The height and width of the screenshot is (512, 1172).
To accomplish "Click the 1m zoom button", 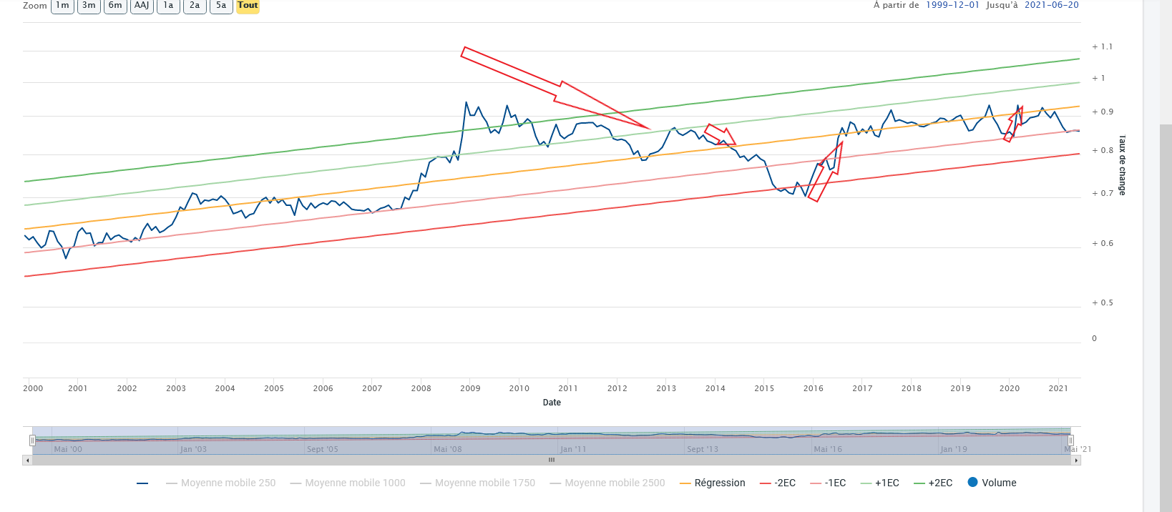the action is tap(62, 6).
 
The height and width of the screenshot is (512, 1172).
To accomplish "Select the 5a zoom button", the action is tap(221, 6).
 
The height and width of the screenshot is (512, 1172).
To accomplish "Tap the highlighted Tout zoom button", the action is tap(248, 6).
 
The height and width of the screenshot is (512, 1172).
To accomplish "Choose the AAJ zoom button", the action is tap(142, 6).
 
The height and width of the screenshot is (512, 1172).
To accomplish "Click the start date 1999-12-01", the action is tap(952, 5).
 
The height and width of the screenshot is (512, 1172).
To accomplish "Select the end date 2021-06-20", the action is tap(1052, 5).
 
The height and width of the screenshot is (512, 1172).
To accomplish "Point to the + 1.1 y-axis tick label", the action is tap(1102, 46).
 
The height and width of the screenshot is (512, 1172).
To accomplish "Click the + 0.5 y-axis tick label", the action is tap(1102, 302).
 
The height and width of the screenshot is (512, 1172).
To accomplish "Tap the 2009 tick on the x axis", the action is tap(470, 388).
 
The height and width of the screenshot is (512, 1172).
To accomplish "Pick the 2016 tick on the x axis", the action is tap(813, 388).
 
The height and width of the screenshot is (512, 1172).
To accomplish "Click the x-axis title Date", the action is tap(552, 403).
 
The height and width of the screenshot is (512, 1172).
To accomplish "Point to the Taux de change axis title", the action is tap(1122, 165).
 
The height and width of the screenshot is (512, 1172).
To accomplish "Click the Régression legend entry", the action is tap(713, 483).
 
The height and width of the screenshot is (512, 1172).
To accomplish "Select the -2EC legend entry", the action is tap(778, 483).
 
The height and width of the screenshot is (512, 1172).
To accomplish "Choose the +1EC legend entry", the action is tap(880, 483).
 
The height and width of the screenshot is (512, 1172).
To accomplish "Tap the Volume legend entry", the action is tap(992, 483).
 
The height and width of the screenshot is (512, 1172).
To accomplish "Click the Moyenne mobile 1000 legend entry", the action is tap(348, 483).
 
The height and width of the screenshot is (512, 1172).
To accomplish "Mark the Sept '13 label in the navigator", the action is tap(703, 449).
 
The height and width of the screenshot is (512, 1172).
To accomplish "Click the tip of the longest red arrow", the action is tap(650, 129).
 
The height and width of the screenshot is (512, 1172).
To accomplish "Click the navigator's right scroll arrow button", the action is tap(1075, 461).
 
